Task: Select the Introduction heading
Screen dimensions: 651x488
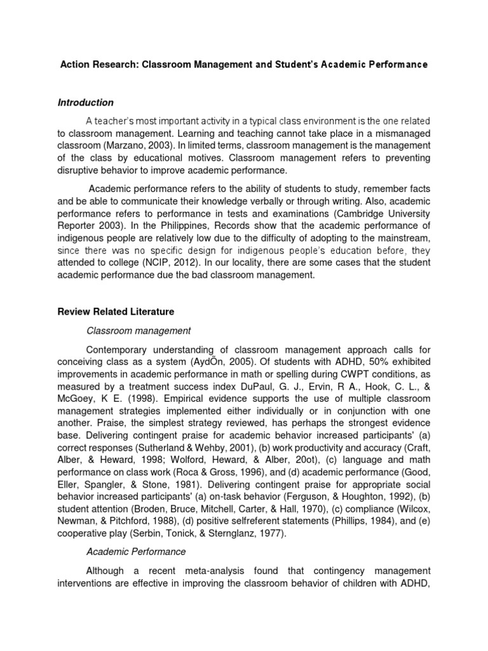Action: point(86,102)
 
